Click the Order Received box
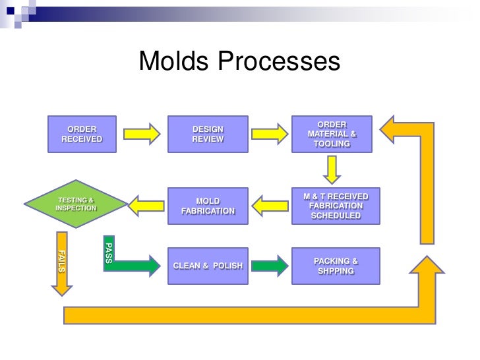pyautogui.click(x=82, y=135)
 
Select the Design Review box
pyautogui.click(x=208, y=135)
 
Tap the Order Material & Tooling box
pyautogui.click(x=332, y=135)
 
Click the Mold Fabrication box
pyautogui.click(x=208, y=206)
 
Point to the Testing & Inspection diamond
pyautogui.click(x=75, y=204)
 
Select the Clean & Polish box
pyautogui.click(x=208, y=266)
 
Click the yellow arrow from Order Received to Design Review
pyautogui.click(x=142, y=134)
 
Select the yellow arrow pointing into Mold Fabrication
pyautogui.click(x=270, y=206)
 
